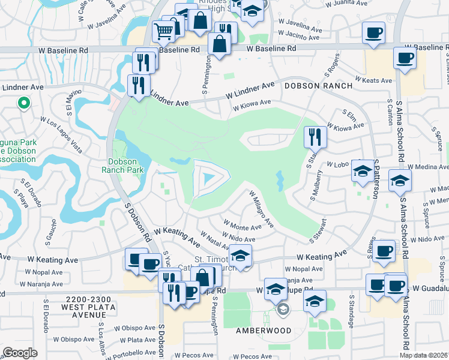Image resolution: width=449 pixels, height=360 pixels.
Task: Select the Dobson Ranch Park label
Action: coord(127,165)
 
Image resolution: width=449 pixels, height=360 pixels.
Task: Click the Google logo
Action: coord(20,353)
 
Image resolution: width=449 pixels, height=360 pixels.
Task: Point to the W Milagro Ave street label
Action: coord(262,209)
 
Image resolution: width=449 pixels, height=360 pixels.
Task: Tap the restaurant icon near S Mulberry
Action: coord(315,137)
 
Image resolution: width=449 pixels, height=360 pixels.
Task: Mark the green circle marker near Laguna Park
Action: coord(24,104)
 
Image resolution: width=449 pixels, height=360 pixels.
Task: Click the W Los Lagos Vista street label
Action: coord(61,135)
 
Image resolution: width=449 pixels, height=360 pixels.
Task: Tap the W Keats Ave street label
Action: coord(373,80)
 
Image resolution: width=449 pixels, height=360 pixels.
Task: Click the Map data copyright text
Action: coord(424,355)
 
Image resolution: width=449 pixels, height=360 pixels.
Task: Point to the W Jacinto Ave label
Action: coord(298,37)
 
